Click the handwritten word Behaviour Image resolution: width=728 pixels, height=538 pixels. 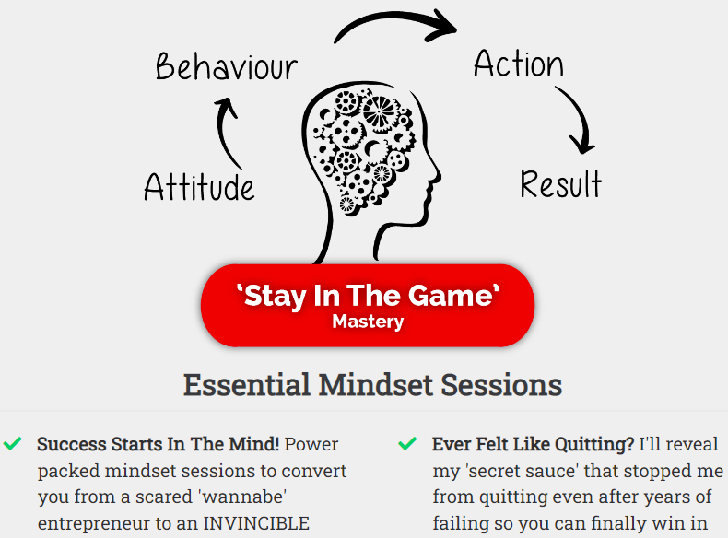click(226, 66)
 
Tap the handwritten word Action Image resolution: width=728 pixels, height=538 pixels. click(519, 64)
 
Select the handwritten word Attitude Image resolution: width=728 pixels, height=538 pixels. click(199, 187)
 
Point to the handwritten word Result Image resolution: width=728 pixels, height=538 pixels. click(561, 184)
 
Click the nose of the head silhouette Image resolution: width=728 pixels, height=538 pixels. click(437, 175)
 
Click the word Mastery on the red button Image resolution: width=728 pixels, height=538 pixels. click(368, 322)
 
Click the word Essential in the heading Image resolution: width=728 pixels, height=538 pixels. click(247, 385)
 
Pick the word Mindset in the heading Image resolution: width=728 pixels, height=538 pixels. click(375, 385)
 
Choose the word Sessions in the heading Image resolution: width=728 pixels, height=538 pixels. click(501, 385)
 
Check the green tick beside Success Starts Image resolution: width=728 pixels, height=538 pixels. click(12, 444)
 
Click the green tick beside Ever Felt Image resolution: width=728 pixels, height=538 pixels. click(407, 444)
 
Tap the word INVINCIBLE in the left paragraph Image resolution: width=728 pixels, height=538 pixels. click(256, 523)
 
